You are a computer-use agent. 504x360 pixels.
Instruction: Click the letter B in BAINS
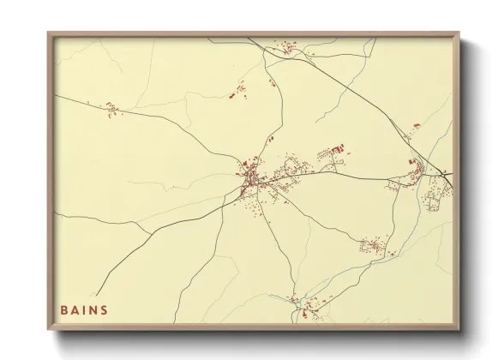(63, 309)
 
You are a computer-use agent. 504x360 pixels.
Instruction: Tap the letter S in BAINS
(105, 309)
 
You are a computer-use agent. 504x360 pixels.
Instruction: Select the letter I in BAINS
(84, 309)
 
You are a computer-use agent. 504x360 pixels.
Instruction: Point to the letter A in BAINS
(75, 309)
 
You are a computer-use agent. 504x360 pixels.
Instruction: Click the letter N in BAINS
(93, 309)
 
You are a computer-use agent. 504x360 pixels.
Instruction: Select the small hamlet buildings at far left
(111, 107)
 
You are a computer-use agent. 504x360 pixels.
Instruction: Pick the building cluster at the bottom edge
(303, 307)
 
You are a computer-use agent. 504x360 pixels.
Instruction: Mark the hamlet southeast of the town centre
(373, 247)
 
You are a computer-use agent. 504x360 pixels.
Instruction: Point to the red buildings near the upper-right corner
(417, 127)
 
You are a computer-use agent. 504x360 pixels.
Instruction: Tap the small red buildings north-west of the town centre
(241, 87)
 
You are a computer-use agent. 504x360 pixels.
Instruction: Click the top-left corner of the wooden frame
(48, 33)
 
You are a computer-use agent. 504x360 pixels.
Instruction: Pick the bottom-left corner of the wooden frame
(48, 330)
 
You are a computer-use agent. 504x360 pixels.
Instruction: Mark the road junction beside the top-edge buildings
(273, 50)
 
